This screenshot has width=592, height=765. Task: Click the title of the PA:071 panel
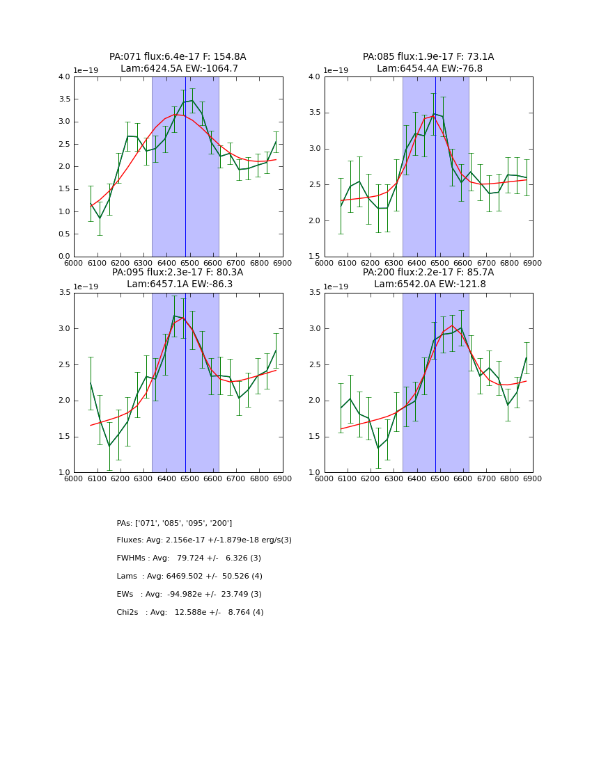(x=178, y=63)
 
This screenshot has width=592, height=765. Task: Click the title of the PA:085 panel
(x=428, y=63)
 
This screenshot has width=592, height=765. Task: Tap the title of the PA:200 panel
(x=428, y=278)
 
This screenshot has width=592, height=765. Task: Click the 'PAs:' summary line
(x=174, y=523)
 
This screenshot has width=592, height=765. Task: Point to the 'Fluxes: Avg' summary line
(x=204, y=540)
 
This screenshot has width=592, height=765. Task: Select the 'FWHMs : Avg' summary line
(x=189, y=558)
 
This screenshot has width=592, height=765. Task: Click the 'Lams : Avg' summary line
(x=189, y=577)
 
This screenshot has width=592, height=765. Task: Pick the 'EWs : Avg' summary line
(x=189, y=595)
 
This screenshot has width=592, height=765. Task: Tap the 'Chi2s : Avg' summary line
(x=190, y=613)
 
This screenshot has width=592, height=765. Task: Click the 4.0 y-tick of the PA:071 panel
(x=63, y=77)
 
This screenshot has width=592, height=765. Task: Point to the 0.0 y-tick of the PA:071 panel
(x=63, y=257)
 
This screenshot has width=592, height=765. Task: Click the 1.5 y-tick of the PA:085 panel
(x=314, y=257)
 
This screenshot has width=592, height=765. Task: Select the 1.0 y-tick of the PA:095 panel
(x=63, y=472)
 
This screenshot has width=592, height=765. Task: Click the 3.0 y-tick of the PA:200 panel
(x=314, y=329)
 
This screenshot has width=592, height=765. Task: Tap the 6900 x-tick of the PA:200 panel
(x=532, y=480)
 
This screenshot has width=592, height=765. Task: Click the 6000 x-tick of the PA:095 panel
(x=74, y=480)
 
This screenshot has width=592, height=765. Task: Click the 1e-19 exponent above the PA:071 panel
(x=86, y=70)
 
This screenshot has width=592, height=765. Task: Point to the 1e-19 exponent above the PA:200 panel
(x=337, y=287)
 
